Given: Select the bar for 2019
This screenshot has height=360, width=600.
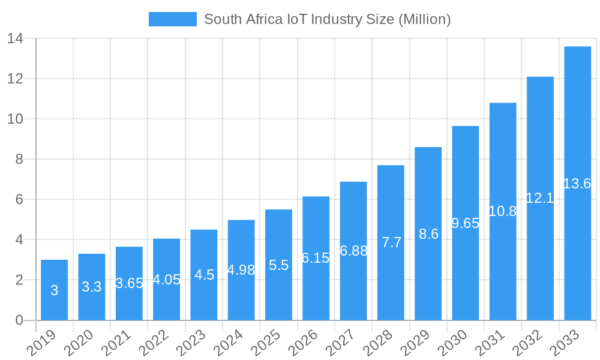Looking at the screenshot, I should [x=54, y=290].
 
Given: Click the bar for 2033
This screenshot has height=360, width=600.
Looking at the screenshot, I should [x=577, y=183].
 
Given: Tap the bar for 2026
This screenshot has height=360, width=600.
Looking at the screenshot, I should [x=316, y=258].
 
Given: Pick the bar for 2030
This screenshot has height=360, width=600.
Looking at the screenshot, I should [x=465, y=223].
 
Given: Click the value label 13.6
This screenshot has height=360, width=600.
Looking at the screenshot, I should [x=577, y=184].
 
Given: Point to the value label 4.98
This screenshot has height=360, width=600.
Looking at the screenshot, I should [x=241, y=270].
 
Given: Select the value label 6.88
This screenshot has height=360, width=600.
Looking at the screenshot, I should [x=353, y=251].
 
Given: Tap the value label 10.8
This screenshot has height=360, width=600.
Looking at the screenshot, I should [x=503, y=211].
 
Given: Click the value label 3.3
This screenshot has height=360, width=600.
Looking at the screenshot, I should [x=91, y=287].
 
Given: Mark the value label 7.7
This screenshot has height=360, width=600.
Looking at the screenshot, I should [x=391, y=242].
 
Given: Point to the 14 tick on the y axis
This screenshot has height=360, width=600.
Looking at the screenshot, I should [x=15, y=38].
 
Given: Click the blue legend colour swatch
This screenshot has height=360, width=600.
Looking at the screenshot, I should [x=172, y=19].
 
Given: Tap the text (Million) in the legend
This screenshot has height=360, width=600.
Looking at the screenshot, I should [x=424, y=19].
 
